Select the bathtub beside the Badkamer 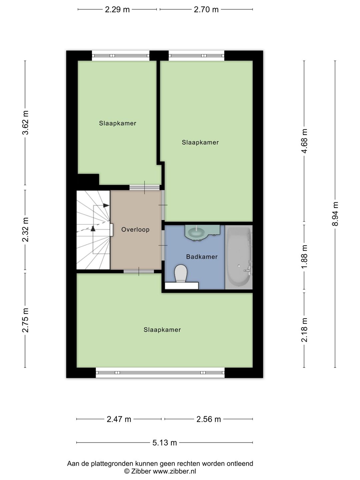coord(239,257)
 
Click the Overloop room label coord(135,230)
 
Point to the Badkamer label coord(202,257)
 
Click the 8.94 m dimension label coord(335,214)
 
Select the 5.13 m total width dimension coord(165,443)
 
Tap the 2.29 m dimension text coord(117,10)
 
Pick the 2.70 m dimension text coord(206,10)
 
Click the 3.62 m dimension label coord(25,122)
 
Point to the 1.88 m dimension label coord(304,257)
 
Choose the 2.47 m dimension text coord(119,419)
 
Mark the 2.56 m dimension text coord(209,419)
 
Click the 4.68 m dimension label coord(304,141)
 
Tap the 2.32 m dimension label coord(25,230)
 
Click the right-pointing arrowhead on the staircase coord(106,205)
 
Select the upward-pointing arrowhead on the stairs coord(93,228)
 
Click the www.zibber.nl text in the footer coord(174,471)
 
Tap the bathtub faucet coord(247,270)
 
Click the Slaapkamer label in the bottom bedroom coord(162,330)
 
